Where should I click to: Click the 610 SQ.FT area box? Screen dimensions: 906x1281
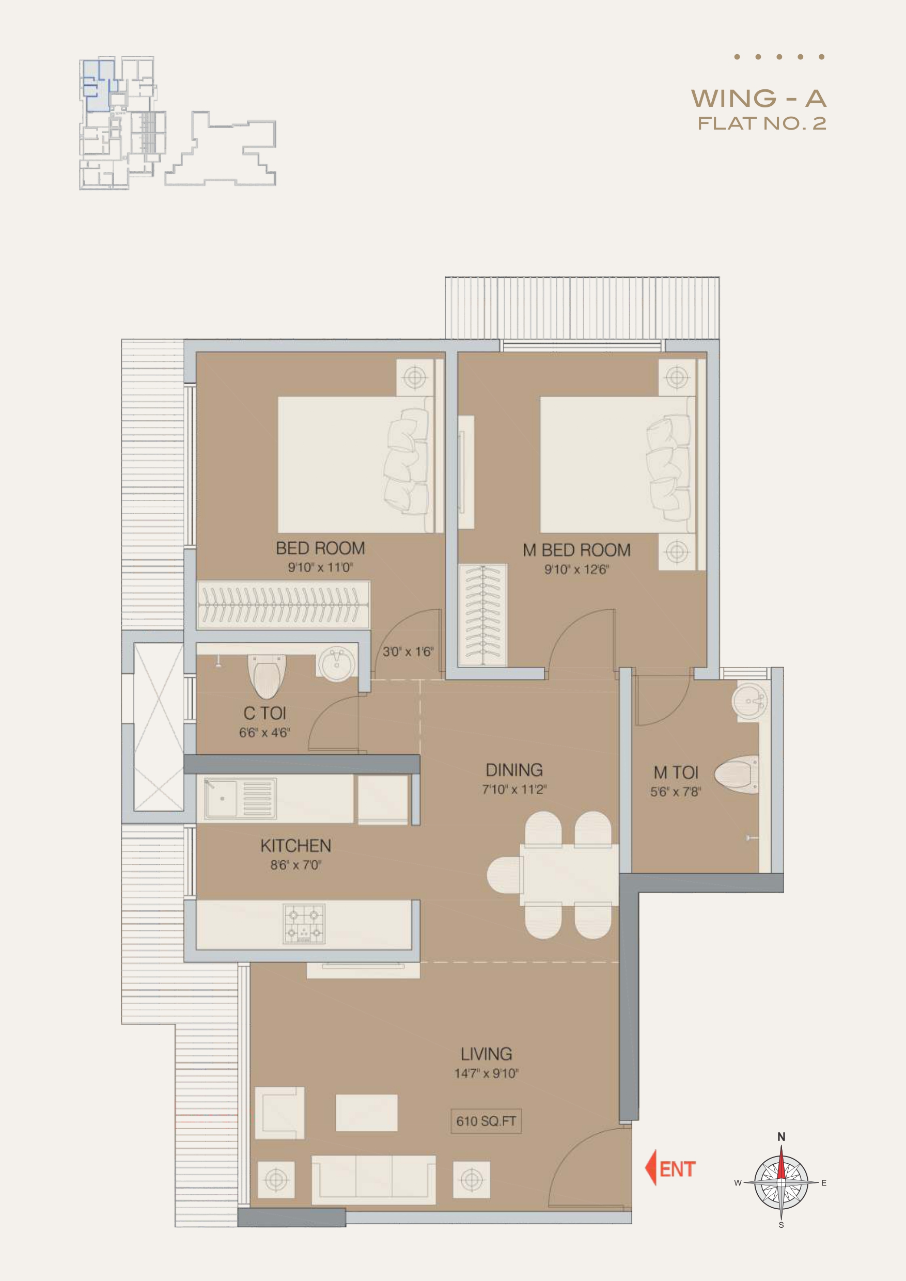(x=486, y=1121)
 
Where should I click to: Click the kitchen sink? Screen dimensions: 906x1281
(x=240, y=798)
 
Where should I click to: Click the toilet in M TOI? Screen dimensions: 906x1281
(x=736, y=774)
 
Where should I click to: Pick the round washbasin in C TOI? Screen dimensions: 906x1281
(x=337, y=662)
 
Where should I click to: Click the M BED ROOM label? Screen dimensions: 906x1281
(x=576, y=550)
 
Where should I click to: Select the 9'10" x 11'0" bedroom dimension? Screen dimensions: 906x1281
(x=320, y=568)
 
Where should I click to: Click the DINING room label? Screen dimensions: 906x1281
(x=514, y=770)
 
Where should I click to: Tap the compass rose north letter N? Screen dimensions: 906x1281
(x=782, y=1136)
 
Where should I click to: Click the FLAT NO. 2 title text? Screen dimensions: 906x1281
(x=762, y=123)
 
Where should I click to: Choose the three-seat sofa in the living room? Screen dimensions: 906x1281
(x=373, y=1179)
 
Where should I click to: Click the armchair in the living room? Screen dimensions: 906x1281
(x=279, y=1113)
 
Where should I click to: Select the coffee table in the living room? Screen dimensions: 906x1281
(x=367, y=1113)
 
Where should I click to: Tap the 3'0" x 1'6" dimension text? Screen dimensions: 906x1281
(x=408, y=651)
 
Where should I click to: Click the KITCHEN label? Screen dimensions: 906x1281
(x=296, y=846)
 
